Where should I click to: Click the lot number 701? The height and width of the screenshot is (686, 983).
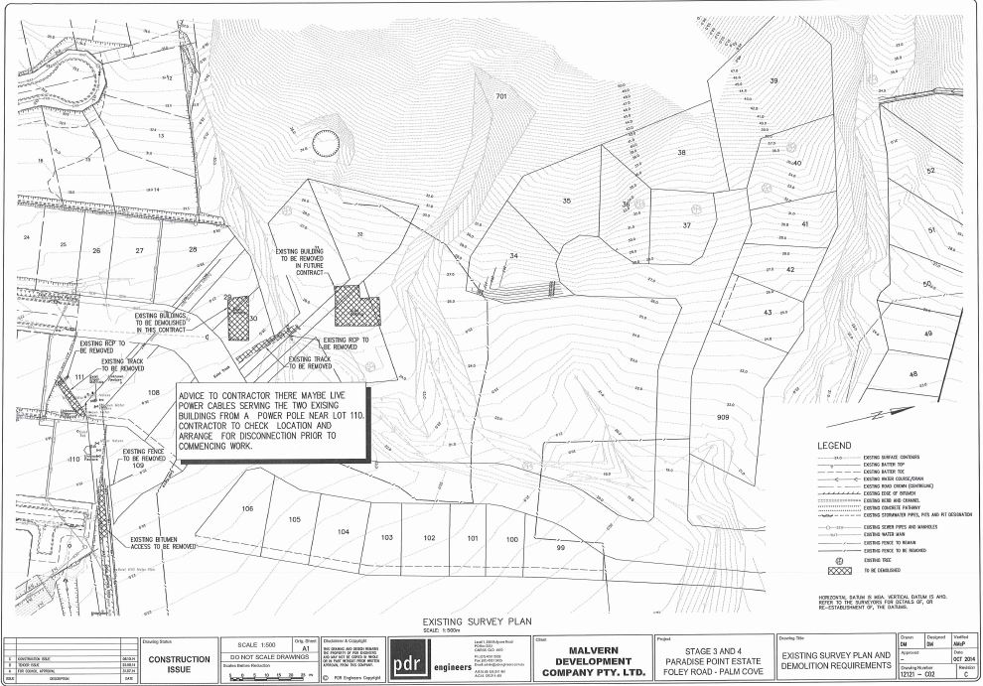pyautogui.click(x=501, y=96)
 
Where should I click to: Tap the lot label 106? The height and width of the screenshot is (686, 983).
pyautogui.click(x=248, y=509)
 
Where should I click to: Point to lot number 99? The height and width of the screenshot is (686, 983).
pyautogui.click(x=560, y=548)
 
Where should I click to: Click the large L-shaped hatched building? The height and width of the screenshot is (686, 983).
pyautogui.click(x=356, y=306)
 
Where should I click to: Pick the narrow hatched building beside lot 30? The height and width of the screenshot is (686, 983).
pyautogui.click(x=238, y=319)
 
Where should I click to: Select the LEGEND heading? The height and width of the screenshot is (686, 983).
pyautogui.click(x=834, y=446)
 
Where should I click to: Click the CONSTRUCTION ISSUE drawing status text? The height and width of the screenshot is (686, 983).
pyautogui.click(x=179, y=664)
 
